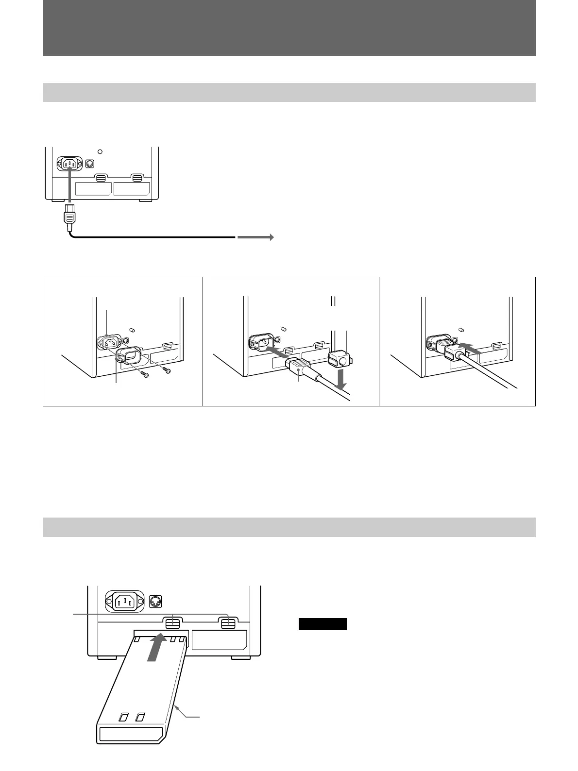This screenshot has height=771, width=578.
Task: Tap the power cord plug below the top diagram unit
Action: [70, 216]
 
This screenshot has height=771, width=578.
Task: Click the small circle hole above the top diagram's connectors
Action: [100, 151]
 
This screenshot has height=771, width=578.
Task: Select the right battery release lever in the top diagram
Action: [137, 178]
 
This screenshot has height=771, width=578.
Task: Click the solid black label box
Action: [323, 624]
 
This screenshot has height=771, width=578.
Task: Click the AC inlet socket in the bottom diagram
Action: [125, 602]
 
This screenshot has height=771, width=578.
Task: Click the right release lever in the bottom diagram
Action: [228, 623]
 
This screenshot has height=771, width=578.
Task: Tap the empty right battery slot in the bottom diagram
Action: [219, 640]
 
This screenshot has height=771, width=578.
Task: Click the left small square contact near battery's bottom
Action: [125, 717]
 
